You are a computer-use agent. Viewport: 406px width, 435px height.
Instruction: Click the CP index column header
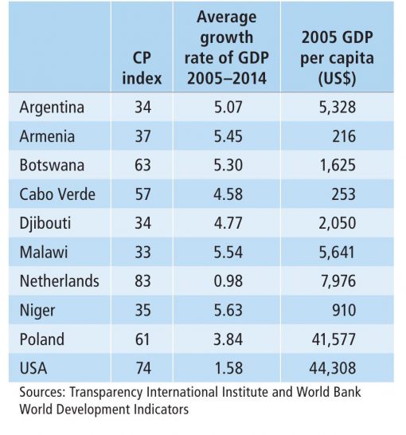(x=142, y=68)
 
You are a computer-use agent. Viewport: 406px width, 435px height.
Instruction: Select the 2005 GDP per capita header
(x=338, y=57)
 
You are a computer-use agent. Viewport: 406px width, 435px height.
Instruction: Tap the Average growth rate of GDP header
(x=227, y=48)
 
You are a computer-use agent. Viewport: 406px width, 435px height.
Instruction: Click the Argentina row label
(x=52, y=108)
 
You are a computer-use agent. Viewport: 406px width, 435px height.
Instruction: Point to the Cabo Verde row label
(x=57, y=194)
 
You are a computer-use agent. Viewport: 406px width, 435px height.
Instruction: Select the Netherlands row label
(x=59, y=281)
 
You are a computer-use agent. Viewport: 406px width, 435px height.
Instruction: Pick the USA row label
(x=33, y=368)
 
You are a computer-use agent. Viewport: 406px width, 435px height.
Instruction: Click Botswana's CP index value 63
(x=142, y=166)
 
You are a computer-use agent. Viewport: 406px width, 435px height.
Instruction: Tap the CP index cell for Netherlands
(x=142, y=281)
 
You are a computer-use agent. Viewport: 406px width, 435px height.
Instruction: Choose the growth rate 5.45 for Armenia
(x=228, y=136)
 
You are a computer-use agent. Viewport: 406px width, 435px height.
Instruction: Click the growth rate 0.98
(x=228, y=281)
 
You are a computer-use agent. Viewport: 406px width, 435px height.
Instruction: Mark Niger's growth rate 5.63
(x=228, y=310)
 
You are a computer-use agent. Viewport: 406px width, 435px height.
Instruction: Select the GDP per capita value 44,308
(x=333, y=368)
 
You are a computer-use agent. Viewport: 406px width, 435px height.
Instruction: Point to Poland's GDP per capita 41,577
(x=334, y=339)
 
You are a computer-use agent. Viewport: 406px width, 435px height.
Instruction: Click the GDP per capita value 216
(x=344, y=136)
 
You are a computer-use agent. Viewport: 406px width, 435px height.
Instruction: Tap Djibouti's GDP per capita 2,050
(x=338, y=223)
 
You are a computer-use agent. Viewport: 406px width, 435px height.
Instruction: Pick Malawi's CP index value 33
(x=142, y=253)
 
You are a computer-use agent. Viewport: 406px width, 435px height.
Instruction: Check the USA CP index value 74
(x=143, y=368)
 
